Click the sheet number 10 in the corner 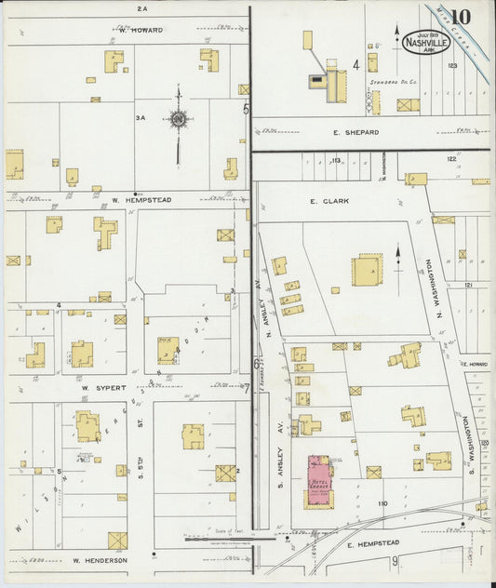[461, 16]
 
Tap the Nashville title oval [422, 42]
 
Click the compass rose [177, 118]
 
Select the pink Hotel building [319, 481]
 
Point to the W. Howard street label [141, 30]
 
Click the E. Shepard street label [355, 133]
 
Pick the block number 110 [382, 503]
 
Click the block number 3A [141, 118]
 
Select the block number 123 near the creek [452, 65]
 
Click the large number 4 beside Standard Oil [355, 65]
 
